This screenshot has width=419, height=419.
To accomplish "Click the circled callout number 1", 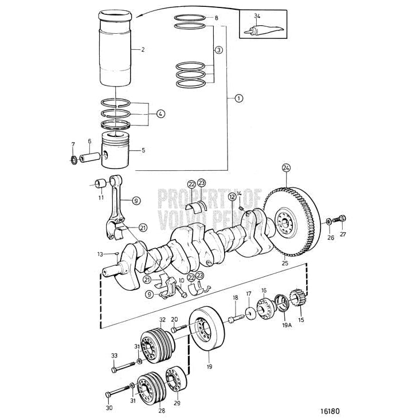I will pyautogui.click(x=238, y=98).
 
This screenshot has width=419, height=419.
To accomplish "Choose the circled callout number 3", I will pyautogui.click(x=218, y=50).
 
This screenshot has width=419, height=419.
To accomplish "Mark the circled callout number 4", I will pyautogui.click(x=160, y=113).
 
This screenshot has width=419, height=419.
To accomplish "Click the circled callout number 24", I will pyautogui.click(x=286, y=168).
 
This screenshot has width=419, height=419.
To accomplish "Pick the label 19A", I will pyautogui.click(x=287, y=324).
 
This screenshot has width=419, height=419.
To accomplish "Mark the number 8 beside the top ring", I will pyautogui.click(x=216, y=18).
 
